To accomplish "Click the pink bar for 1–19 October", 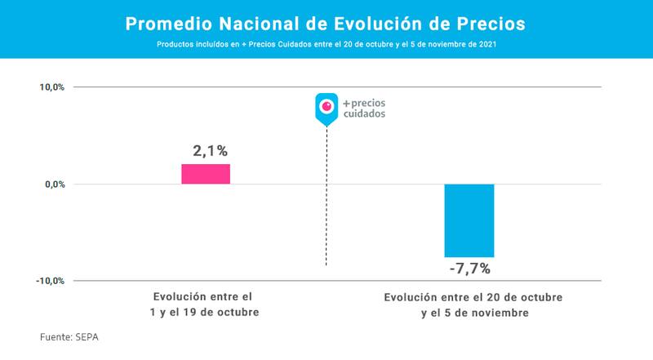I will coord(206,174).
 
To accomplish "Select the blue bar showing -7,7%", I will coord(469,220).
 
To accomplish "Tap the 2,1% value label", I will coord(210,151).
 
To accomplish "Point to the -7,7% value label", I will coord(469,268).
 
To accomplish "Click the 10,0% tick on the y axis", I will coord(51,87).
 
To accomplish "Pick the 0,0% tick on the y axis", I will coord(54,184).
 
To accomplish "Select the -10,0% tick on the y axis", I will coord(50,281).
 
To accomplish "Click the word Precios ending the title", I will coord(493,24).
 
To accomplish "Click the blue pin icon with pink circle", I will coord(326,108).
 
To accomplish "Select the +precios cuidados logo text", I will coord(364,109).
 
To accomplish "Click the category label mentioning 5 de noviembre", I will coord(473,304).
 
